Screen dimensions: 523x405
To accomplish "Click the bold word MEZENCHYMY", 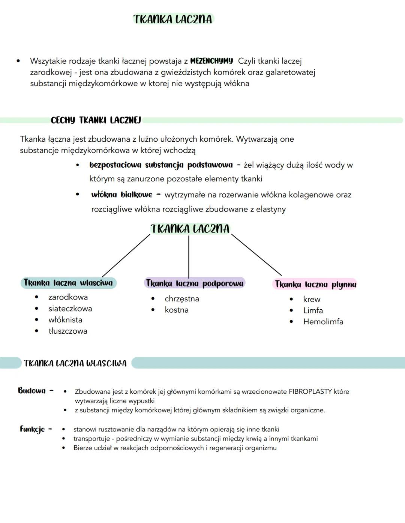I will [211, 61].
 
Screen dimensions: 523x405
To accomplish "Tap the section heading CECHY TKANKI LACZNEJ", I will [96, 120].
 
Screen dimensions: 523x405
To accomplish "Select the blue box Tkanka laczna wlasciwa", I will [68, 283].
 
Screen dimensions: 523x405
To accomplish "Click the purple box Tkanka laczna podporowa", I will [195, 283].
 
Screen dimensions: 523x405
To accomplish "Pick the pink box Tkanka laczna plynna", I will [315, 284].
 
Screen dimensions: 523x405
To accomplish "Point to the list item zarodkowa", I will [68, 297].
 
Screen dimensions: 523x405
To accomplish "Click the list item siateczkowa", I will [70, 309].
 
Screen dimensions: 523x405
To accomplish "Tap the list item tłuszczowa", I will [68, 331].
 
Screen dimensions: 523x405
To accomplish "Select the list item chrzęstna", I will [182, 299].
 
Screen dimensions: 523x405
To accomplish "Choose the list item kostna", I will [177, 310].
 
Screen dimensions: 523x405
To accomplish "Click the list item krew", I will [312, 299].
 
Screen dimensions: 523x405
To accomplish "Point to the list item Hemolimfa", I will [323, 322].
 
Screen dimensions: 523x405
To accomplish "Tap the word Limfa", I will [313, 310].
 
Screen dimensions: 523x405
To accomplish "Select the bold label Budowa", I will [32, 391].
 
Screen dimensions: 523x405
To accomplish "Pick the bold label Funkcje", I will [32, 429].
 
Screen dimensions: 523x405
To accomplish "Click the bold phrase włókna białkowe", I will [122, 195].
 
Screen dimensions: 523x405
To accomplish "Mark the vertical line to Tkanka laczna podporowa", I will [189, 257].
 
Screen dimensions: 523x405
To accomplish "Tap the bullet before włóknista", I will [36, 320].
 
